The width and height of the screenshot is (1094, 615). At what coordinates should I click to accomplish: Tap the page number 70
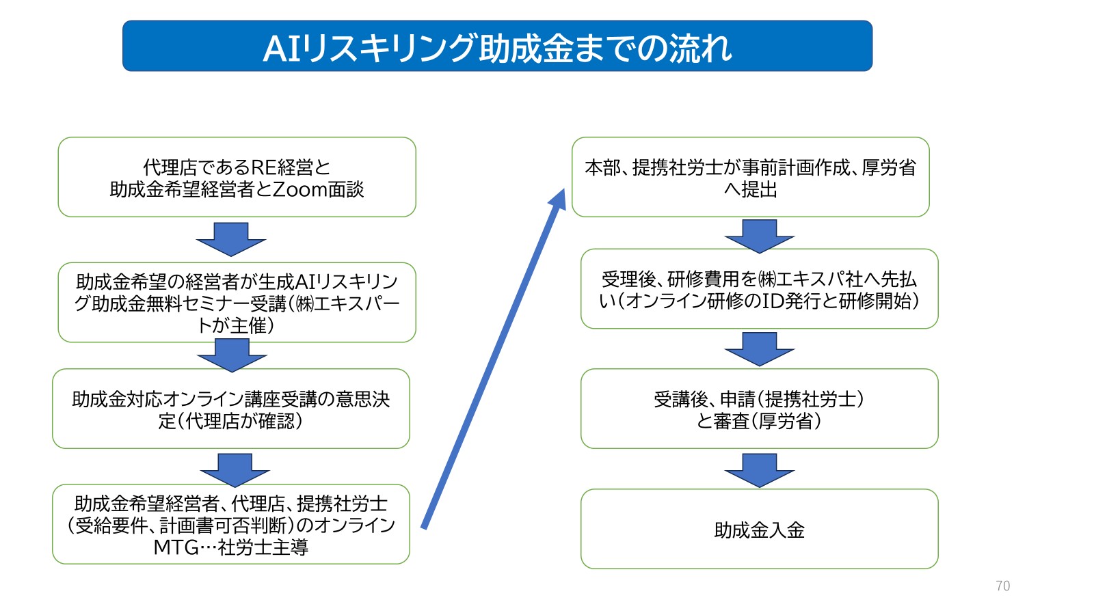(x=1002, y=586)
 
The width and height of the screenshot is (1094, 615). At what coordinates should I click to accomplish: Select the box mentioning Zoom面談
(x=237, y=178)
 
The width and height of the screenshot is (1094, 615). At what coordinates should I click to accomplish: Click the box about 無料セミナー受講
(x=237, y=303)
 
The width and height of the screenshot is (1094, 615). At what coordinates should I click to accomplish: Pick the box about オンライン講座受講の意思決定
(x=231, y=409)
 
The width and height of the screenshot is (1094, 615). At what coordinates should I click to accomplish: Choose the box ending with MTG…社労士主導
(x=231, y=524)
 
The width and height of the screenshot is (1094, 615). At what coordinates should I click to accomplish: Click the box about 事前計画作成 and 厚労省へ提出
(x=750, y=178)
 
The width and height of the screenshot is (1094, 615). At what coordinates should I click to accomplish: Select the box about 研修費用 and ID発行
(x=759, y=289)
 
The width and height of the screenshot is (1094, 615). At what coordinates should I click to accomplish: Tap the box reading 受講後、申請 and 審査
(x=759, y=409)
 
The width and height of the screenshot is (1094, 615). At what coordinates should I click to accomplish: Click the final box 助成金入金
(x=759, y=529)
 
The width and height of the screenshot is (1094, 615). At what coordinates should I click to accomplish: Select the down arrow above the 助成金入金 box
(x=759, y=469)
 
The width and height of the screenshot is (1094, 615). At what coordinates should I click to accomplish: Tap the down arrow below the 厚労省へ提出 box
(x=759, y=236)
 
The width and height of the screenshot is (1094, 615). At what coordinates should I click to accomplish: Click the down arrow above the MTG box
(x=235, y=469)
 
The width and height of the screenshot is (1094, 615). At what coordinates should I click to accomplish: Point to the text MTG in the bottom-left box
(x=176, y=547)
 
